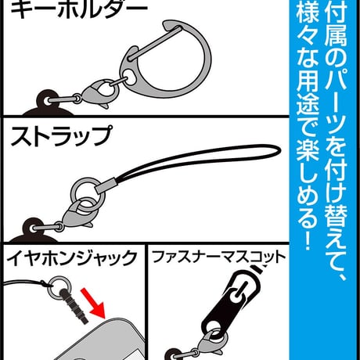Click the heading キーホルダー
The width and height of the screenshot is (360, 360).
(79, 9)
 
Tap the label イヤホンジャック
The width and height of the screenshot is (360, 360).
(71, 258)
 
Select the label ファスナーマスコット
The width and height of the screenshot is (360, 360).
(218, 257)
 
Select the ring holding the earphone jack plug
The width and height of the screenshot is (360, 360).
(60, 287)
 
